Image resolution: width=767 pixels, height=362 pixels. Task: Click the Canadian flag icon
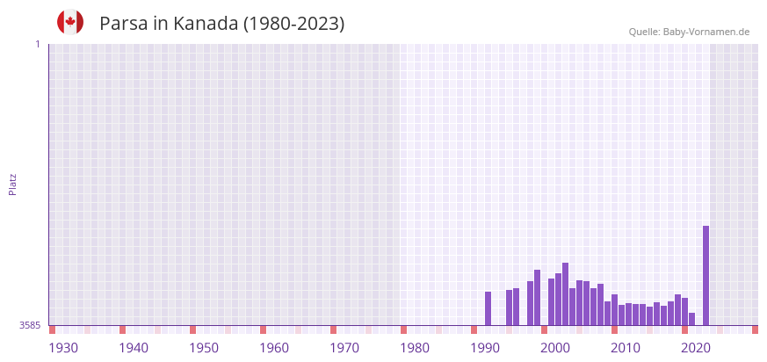pos(70,22)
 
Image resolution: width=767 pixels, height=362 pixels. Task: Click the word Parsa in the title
pos(123,24)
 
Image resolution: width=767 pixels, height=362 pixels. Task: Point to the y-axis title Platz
pos(13,184)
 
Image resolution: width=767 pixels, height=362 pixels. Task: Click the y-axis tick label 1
pos(37,44)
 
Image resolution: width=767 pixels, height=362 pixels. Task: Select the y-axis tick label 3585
pos(30,325)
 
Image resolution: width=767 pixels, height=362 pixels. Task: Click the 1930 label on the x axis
pos(63,348)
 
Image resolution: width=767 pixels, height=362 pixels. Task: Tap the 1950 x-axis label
pos(204,348)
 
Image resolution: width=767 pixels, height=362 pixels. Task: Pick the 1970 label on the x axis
pos(344,348)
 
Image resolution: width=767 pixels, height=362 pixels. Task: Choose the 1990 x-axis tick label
pos(485,348)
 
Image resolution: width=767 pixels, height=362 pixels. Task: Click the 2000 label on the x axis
pos(555,348)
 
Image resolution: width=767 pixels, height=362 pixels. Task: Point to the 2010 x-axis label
pos(626,348)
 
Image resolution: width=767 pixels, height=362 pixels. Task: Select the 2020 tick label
pos(696,348)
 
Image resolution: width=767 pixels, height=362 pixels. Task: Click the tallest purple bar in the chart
pos(705,275)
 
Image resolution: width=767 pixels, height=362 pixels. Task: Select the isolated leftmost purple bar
pos(488,308)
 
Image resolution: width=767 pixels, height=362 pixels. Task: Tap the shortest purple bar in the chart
pos(691,319)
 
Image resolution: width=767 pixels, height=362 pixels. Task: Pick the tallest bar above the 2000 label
pos(565,293)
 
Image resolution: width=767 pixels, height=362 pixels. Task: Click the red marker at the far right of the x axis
pos(755,329)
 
